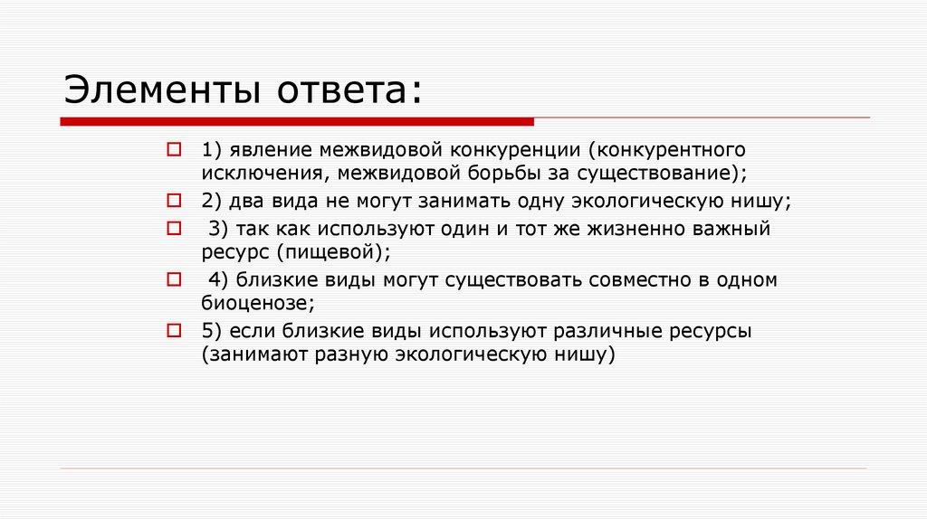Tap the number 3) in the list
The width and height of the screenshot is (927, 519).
[217, 229]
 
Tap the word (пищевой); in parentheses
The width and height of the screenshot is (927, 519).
[339, 252]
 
